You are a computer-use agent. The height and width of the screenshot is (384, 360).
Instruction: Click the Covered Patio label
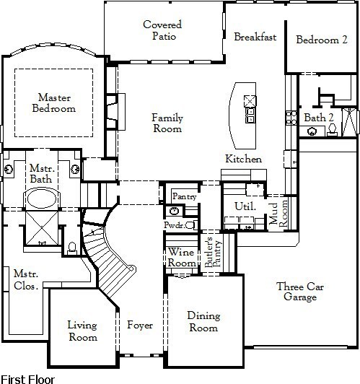click(162, 30)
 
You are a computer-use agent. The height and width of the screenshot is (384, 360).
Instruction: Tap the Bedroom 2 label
click(322, 40)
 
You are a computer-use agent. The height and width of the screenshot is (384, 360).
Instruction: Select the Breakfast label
click(255, 37)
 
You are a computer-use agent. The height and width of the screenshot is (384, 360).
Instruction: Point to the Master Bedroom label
click(54, 102)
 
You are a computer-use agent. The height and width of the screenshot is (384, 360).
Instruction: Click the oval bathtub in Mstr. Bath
click(42, 199)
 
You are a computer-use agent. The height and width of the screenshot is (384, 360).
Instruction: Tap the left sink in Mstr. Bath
click(9, 169)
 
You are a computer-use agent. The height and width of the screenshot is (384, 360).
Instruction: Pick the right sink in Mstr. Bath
click(75, 169)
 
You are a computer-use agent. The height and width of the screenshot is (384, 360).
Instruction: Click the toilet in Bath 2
click(332, 130)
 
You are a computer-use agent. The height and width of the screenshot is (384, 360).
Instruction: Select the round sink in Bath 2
click(312, 131)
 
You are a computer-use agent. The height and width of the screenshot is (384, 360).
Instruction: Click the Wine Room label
click(181, 258)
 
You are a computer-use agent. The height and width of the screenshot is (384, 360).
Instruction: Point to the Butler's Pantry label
click(213, 252)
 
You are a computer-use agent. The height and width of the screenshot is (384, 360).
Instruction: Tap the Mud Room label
click(278, 213)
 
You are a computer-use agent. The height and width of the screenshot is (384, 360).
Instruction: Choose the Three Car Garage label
click(300, 292)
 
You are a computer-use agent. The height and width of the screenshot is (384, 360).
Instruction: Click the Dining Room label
click(203, 321)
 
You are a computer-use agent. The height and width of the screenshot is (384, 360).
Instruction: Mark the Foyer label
click(140, 326)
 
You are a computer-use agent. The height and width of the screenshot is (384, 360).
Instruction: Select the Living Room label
click(82, 331)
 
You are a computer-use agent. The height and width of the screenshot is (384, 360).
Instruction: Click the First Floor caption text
click(27, 380)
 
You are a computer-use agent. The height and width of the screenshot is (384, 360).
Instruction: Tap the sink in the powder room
click(174, 211)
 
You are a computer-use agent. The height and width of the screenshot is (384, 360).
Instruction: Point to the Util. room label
click(245, 206)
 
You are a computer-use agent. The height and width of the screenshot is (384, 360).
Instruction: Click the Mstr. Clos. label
click(26, 279)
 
